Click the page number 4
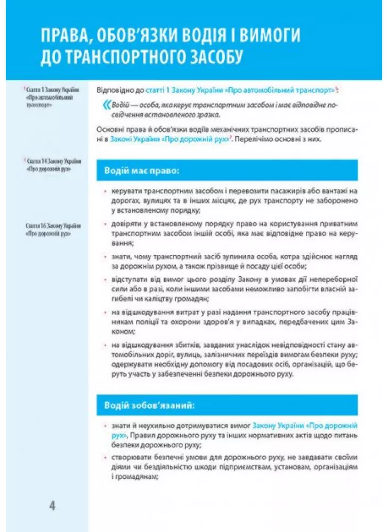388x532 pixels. tap(52, 505)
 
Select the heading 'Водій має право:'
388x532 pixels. tap(139, 172)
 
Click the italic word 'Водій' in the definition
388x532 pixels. tap(120, 105)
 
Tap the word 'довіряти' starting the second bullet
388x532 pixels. tap(127, 224)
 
